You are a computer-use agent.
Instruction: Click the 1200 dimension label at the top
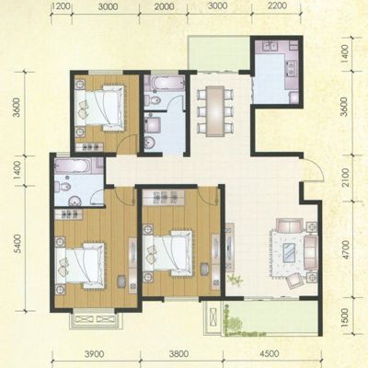click(x=62, y=6)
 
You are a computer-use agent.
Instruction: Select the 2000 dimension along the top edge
click(x=164, y=6)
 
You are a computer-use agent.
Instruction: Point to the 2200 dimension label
click(x=277, y=6)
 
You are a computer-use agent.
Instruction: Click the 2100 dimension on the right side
click(x=346, y=177)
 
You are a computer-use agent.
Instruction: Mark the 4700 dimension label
click(x=346, y=250)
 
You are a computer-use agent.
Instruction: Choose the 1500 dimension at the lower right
click(x=346, y=316)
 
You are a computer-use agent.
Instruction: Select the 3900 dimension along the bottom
click(x=94, y=354)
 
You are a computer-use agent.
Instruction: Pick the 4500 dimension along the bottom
click(x=270, y=354)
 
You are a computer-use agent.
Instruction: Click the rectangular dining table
click(x=215, y=111)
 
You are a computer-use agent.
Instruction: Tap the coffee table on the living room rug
click(x=290, y=252)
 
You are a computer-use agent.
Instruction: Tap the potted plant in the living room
click(x=235, y=280)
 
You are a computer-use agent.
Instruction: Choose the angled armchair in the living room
click(x=294, y=281)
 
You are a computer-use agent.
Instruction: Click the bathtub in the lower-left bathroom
click(x=73, y=167)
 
